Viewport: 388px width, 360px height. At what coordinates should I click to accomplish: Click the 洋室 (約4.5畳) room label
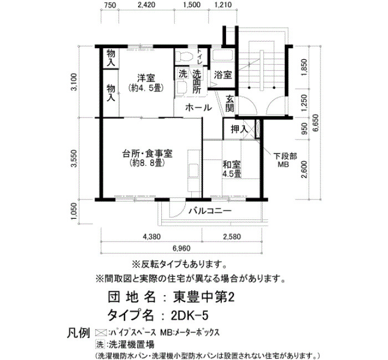(146, 83)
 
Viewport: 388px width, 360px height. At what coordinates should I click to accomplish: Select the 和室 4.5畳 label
(232, 169)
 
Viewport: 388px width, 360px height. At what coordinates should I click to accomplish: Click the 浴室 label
(223, 75)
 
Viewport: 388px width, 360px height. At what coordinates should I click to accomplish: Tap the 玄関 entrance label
(229, 104)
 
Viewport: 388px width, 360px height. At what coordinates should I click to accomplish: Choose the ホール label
(198, 108)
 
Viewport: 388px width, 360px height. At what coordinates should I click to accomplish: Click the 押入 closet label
(239, 129)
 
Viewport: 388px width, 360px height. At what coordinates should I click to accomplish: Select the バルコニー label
(210, 211)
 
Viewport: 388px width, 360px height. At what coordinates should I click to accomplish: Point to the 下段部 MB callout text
(285, 160)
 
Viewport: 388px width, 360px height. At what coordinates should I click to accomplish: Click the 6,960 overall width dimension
(181, 248)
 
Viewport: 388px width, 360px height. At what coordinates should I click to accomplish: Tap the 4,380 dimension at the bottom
(151, 236)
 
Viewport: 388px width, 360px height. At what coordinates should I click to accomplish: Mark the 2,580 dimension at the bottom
(232, 236)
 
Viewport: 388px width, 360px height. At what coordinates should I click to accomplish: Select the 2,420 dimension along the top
(146, 5)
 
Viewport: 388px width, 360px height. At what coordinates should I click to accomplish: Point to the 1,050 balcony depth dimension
(74, 211)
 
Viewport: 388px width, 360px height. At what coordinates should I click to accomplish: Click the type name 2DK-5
(190, 316)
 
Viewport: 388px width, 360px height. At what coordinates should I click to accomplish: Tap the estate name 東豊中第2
(203, 297)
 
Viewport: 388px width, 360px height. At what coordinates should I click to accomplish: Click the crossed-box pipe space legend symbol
(101, 332)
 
